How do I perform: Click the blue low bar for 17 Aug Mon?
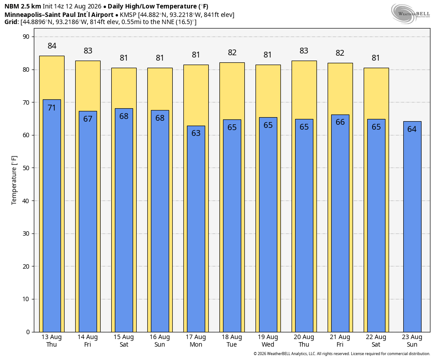196,229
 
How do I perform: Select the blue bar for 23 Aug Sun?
412,227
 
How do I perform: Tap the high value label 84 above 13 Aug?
52,46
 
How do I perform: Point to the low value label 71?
52,108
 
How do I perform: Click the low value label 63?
196,133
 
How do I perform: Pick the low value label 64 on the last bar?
412,129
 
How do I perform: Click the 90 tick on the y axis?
26,37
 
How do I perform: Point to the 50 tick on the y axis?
26,168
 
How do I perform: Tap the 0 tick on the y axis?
28,332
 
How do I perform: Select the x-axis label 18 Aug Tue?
232,341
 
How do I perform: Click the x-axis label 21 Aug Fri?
340,341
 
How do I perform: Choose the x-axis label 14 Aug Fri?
88,341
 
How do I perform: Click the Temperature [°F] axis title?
14,180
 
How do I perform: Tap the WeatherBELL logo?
410,14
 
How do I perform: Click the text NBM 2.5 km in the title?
23,6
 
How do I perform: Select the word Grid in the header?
11,22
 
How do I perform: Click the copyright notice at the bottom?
341,354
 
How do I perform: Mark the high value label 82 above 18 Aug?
232,53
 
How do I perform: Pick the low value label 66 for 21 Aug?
340,122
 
